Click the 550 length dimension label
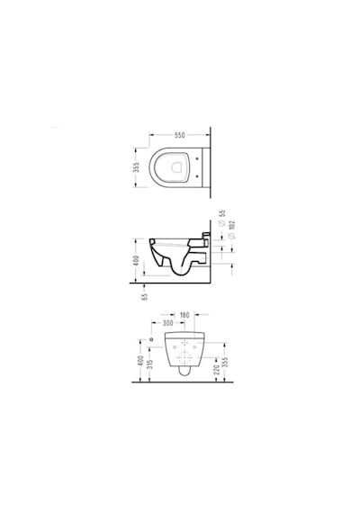click(179, 135)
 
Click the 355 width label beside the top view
click(137, 166)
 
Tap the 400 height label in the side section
click(137, 260)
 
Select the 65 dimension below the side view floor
click(145, 296)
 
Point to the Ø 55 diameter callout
click(222, 218)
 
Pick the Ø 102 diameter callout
click(231, 230)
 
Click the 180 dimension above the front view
click(184, 315)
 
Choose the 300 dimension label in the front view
click(167, 323)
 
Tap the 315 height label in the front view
click(150, 364)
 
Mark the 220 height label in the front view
click(216, 370)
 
